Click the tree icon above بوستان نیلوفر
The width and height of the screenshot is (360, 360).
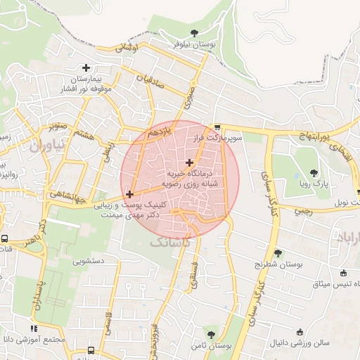194,32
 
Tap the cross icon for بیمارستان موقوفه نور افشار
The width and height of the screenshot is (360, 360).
86,68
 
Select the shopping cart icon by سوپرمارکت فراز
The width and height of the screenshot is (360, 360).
217,128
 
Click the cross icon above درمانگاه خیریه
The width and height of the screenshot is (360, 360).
189,162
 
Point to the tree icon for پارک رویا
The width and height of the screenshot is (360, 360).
314,172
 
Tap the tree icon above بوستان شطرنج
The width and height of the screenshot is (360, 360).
278,253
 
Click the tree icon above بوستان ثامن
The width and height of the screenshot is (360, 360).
210,335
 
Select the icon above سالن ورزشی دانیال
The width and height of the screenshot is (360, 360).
300,332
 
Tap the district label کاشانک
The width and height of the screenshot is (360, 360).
169,242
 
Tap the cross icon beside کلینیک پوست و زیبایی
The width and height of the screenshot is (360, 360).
129,193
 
